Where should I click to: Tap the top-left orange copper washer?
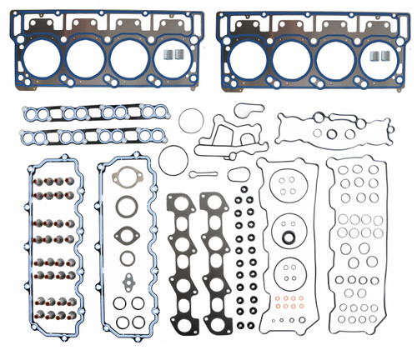tap(278, 298)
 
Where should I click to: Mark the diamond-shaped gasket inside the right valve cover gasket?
tap(128, 232)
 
